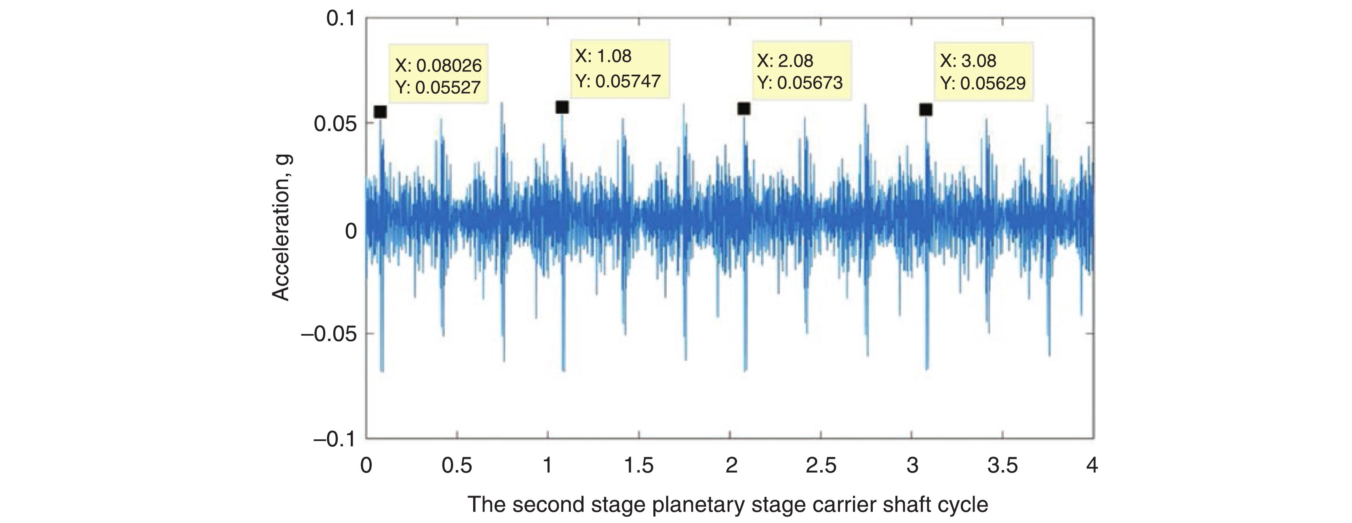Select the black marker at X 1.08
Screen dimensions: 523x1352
(x=562, y=107)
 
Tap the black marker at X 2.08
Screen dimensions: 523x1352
(x=744, y=109)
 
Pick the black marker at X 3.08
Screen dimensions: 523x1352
(x=925, y=109)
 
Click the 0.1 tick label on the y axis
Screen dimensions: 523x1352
(x=341, y=19)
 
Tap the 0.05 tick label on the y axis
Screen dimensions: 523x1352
(x=334, y=124)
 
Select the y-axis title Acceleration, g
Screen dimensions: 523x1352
(x=282, y=228)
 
